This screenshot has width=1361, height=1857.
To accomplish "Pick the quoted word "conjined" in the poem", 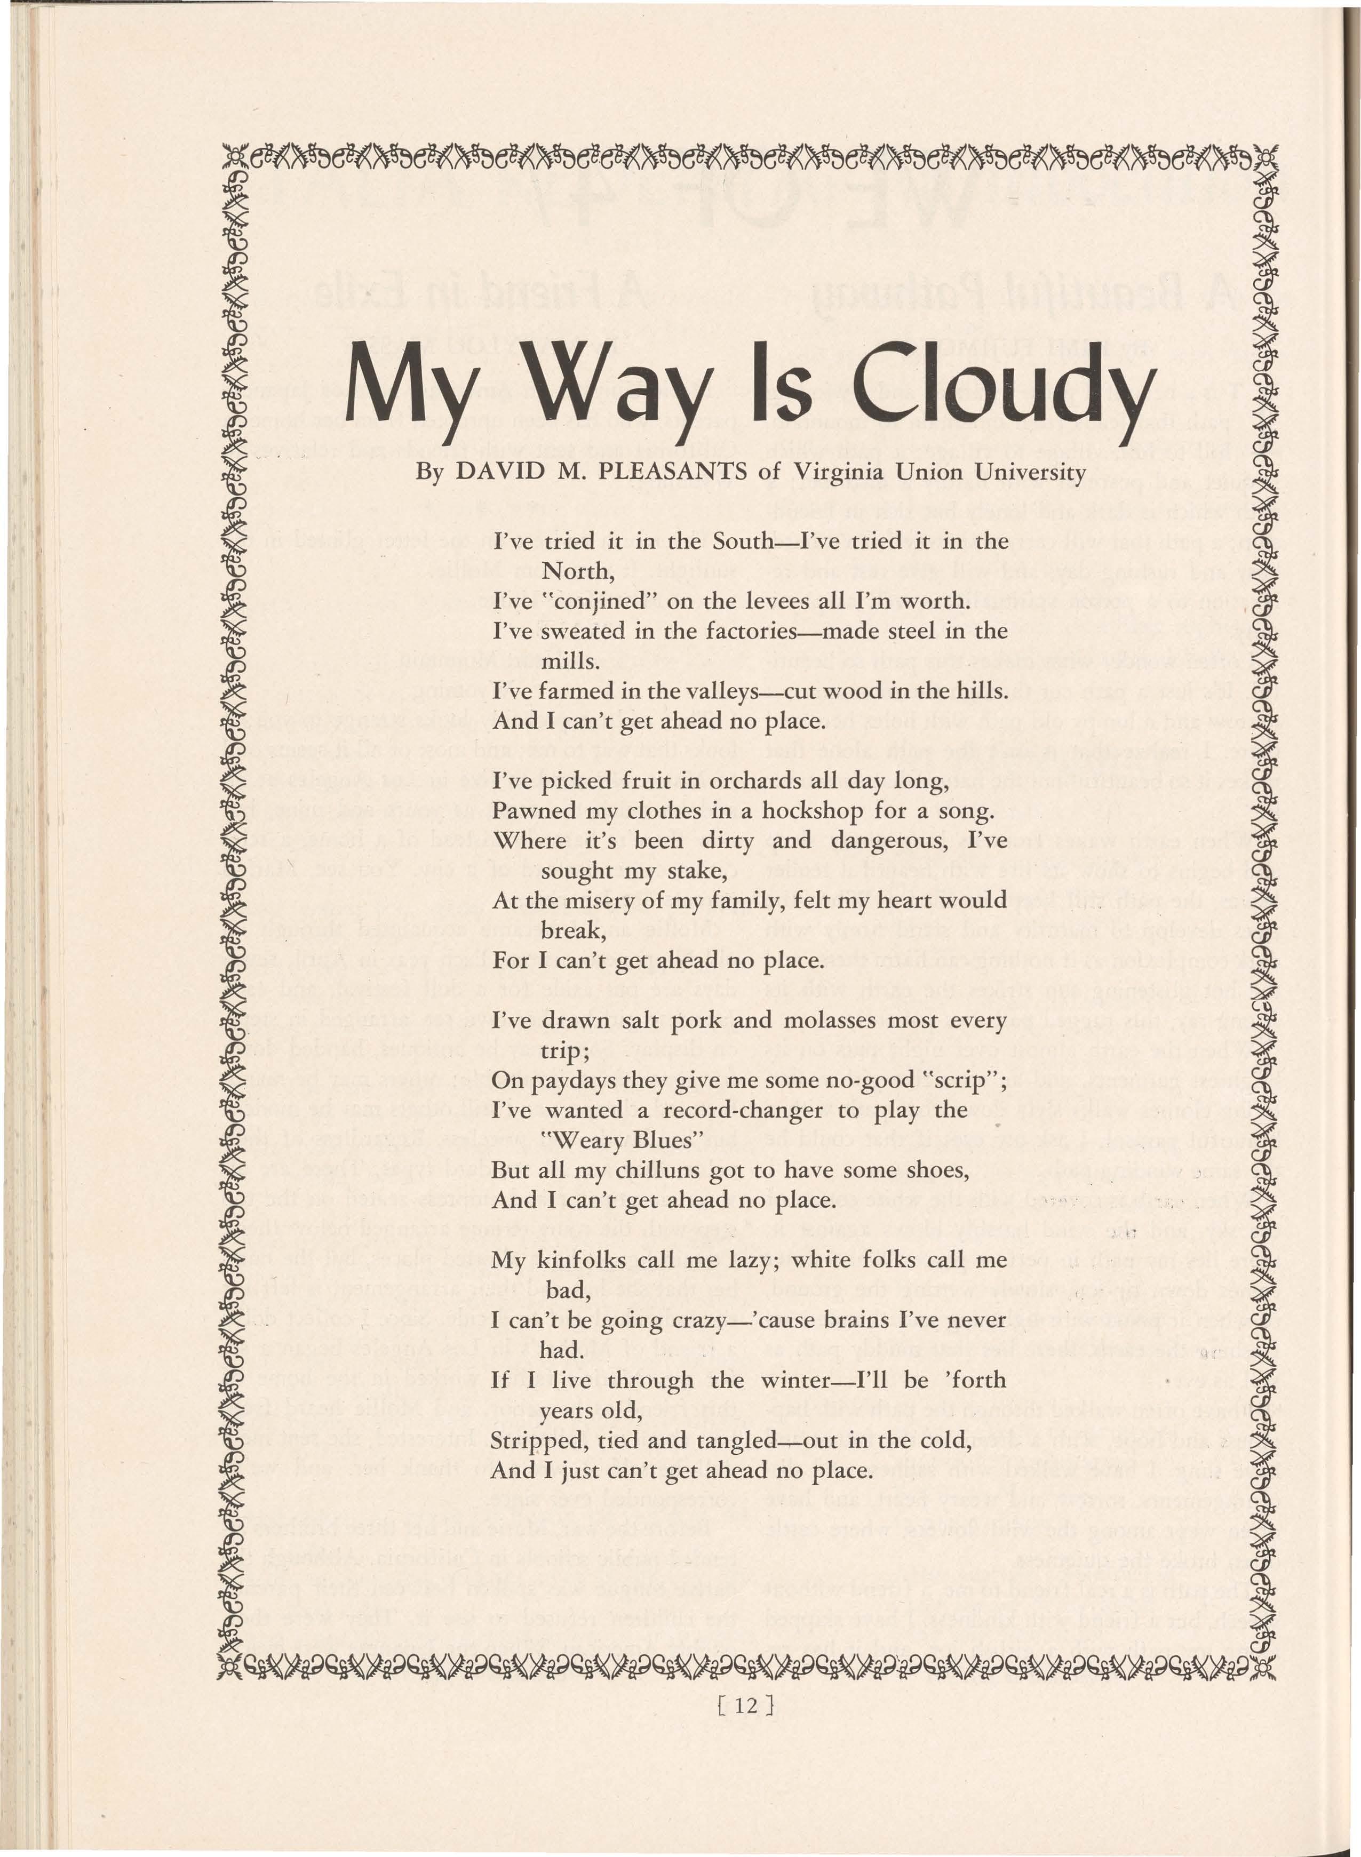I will point(598,601).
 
